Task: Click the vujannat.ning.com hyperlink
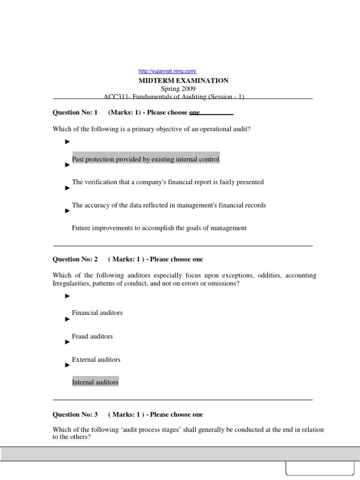click(167, 71)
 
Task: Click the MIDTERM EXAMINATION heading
click(183, 81)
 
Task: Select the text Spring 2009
click(179, 89)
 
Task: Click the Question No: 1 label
click(75, 112)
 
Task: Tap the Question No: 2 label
click(75, 259)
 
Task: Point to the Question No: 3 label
click(75, 414)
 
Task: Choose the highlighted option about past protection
click(145, 159)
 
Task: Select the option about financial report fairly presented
click(167, 182)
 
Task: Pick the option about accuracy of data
click(169, 205)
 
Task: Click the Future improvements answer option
click(159, 228)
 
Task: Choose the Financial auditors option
click(97, 313)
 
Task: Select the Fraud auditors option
click(92, 336)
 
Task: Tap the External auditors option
click(96, 360)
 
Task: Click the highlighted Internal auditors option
click(95, 382)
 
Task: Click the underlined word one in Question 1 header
click(195, 112)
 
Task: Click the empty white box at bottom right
click(320, 470)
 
